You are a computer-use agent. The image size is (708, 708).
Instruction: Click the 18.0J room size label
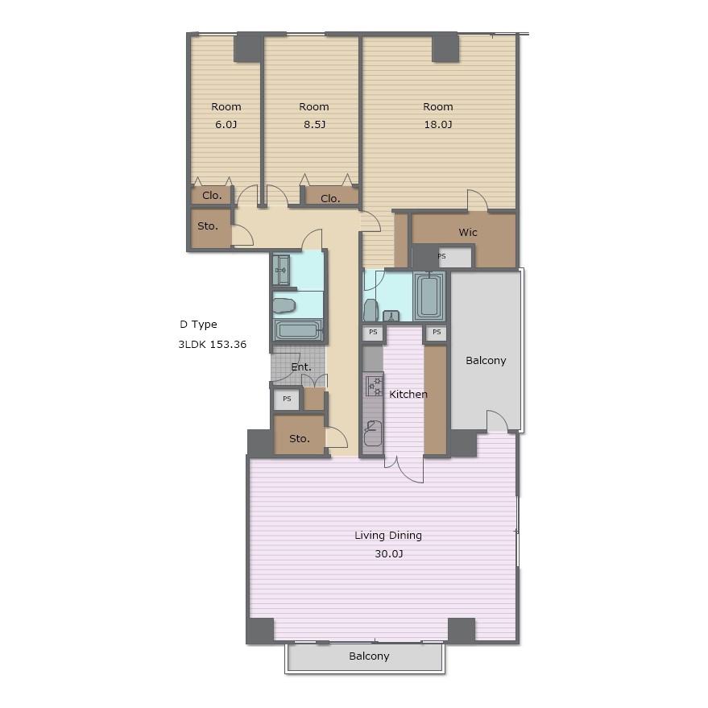(437, 124)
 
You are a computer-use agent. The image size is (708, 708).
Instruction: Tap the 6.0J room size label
(226, 124)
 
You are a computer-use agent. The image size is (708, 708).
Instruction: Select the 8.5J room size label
(314, 124)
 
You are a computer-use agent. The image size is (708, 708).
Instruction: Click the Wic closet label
(468, 232)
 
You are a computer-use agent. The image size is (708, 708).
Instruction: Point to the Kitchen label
(408, 394)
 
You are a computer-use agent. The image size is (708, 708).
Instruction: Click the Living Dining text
(388, 536)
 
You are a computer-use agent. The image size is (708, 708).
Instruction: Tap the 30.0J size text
(389, 553)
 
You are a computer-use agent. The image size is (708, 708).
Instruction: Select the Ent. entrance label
(301, 367)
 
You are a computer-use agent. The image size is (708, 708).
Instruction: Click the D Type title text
(198, 325)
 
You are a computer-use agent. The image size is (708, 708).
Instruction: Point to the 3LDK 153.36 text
(212, 345)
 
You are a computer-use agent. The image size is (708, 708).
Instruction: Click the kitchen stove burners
(374, 387)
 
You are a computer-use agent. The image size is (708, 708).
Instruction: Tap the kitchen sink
(373, 433)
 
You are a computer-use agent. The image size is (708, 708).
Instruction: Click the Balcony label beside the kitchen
(486, 361)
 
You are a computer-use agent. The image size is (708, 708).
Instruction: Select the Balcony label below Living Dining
(369, 656)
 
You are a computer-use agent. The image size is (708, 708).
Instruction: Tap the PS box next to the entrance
(287, 400)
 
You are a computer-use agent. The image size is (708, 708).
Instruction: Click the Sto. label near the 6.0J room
(208, 226)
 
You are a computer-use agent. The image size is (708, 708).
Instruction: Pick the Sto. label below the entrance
(300, 438)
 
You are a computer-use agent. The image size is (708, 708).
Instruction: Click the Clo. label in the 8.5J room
(330, 199)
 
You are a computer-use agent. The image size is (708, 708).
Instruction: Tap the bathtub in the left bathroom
(297, 330)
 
